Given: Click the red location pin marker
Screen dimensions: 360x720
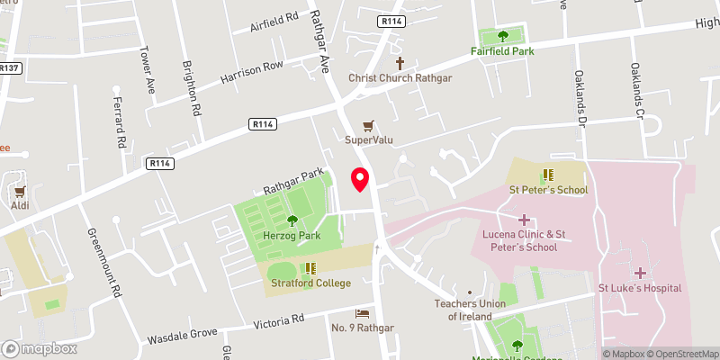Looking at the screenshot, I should (360, 178).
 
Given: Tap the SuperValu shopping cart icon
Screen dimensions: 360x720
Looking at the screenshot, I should (367, 125).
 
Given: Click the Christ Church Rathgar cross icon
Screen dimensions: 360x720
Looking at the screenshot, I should (401, 63).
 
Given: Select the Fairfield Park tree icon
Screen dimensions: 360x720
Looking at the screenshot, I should (502, 36).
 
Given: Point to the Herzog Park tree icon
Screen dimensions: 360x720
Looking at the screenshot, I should (292, 220).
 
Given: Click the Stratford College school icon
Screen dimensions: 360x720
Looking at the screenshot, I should (310, 267).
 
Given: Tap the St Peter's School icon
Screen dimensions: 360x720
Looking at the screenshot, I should (547, 175).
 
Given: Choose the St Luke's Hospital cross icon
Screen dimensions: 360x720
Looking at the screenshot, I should (640, 272).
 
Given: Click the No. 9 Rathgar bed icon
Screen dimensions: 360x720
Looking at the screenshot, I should (362, 311).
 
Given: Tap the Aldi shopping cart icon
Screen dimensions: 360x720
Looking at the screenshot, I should (20, 191).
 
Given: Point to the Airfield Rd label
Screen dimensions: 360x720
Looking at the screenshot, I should (273, 23).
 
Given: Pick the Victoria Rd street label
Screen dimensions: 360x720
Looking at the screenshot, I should (280, 319).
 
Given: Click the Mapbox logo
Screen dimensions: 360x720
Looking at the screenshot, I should (40, 348).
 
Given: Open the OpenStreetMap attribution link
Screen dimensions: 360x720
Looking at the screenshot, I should (680, 354).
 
